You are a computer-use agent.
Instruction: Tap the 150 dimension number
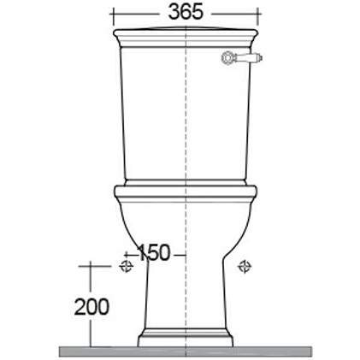point(153,252)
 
